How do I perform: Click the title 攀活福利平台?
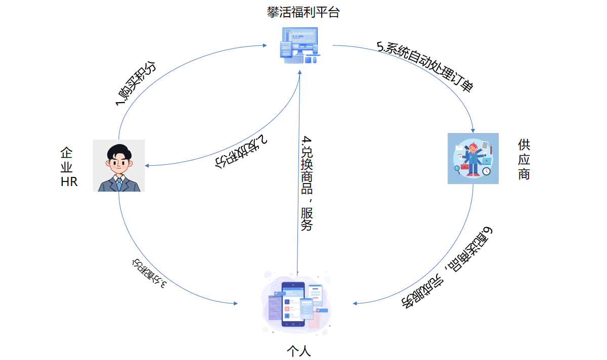click(x=303, y=13)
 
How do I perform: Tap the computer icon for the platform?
click(x=299, y=46)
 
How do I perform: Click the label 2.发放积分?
click(x=241, y=151)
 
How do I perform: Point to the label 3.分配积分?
click(x=149, y=274)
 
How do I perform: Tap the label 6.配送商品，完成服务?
click(x=448, y=267)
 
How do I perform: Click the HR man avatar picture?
click(x=119, y=165)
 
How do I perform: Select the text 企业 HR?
click(x=69, y=167)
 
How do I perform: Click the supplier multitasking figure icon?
click(x=473, y=158)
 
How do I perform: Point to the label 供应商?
click(x=524, y=159)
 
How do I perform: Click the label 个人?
click(x=298, y=350)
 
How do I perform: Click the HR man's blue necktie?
click(x=119, y=183)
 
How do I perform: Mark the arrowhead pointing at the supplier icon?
click(x=472, y=130)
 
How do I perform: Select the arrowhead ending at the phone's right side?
click(x=356, y=303)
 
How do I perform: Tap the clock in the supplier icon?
click(x=486, y=171)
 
